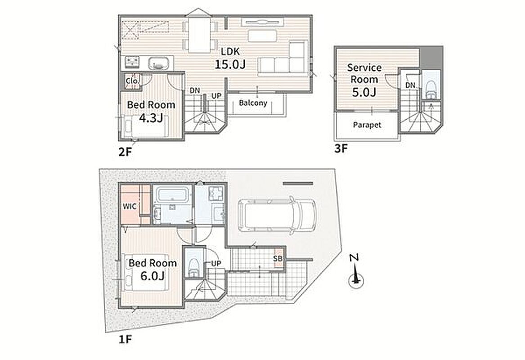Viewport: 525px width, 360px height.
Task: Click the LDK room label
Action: (x=230, y=52)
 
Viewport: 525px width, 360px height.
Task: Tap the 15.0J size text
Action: (x=230, y=64)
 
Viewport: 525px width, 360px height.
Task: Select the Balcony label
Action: (x=253, y=103)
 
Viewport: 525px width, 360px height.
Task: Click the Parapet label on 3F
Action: (x=367, y=125)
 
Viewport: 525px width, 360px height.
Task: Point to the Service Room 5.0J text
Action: (x=364, y=80)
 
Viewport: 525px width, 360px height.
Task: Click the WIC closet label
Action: (x=129, y=206)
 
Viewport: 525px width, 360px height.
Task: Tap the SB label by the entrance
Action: (x=278, y=259)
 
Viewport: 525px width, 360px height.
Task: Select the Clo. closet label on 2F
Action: (x=133, y=81)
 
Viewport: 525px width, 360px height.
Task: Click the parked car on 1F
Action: (x=276, y=214)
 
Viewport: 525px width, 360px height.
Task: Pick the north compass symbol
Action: (x=356, y=272)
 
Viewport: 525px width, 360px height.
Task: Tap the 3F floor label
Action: (x=341, y=148)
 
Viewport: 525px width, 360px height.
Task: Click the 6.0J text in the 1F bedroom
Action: (x=152, y=276)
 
